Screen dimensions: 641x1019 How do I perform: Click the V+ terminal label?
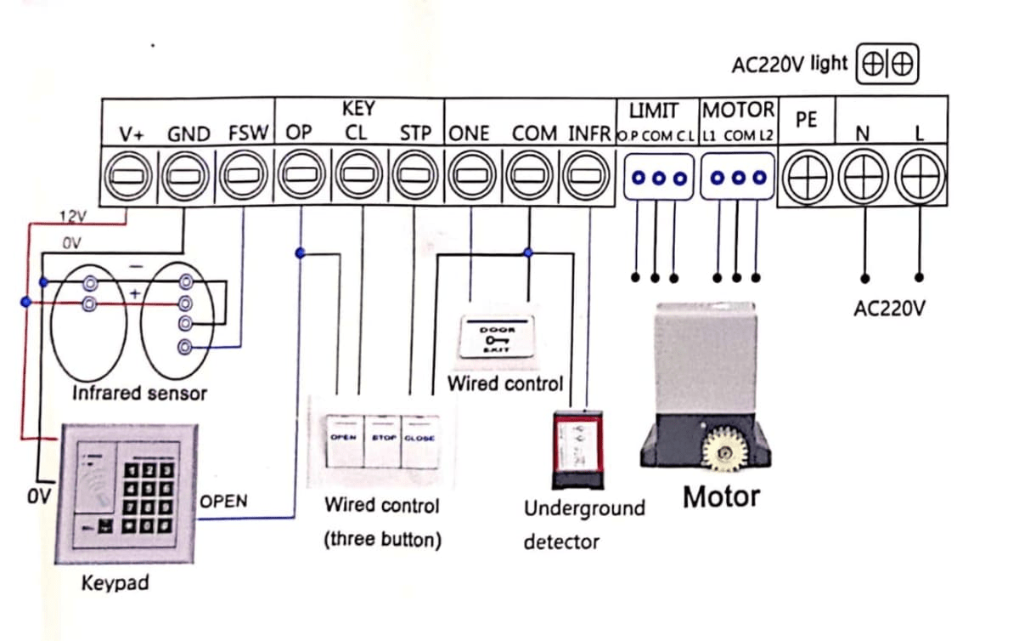pyautogui.click(x=132, y=134)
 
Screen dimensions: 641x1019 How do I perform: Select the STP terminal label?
pyautogui.click(x=416, y=134)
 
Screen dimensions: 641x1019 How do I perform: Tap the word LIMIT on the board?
pyautogui.click(x=654, y=111)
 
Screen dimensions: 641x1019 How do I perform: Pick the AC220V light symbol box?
pyautogui.click(x=889, y=64)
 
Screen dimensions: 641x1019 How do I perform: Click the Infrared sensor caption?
pyautogui.click(x=139, y=394)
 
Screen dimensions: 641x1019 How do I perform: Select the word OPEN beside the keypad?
pyautogui.click(x=224, y=501)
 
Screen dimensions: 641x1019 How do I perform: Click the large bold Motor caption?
pyautogui.click(x=722, y=496)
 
